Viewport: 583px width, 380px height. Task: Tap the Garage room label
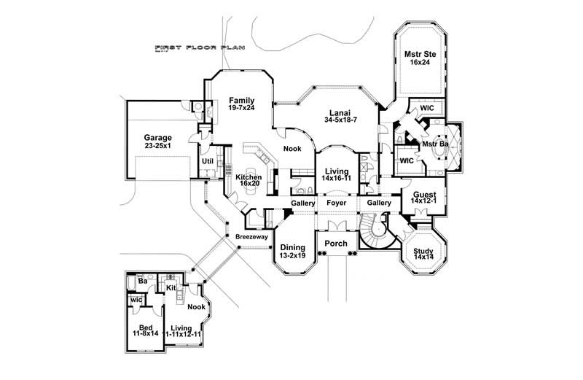(x=157, y=141)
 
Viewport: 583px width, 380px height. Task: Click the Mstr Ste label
(x=420, y=58)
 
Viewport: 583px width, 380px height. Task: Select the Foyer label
(x=337, y=203)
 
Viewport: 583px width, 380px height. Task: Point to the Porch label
(x=336, y=244)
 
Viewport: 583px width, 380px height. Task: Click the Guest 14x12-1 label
(x=425, y=199)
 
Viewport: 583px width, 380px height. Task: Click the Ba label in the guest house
(x=143, y=280)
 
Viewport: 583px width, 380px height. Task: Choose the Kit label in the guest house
(x=171, y=288)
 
